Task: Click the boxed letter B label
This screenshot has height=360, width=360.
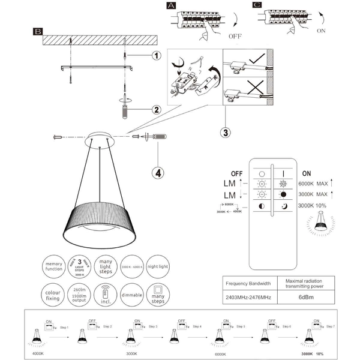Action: [x=38, y=31]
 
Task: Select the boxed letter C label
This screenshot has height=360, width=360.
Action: [x=257, y=5]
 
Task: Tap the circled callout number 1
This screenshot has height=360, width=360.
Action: [x=155, y=56]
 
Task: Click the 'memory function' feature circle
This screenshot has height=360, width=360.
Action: [x=53, y=267]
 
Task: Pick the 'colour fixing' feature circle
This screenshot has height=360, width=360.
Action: [x=53, y=295]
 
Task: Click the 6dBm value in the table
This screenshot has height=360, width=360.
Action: [x=303, y=296]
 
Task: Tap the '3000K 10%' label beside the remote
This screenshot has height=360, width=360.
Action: [x=314, y=206]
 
